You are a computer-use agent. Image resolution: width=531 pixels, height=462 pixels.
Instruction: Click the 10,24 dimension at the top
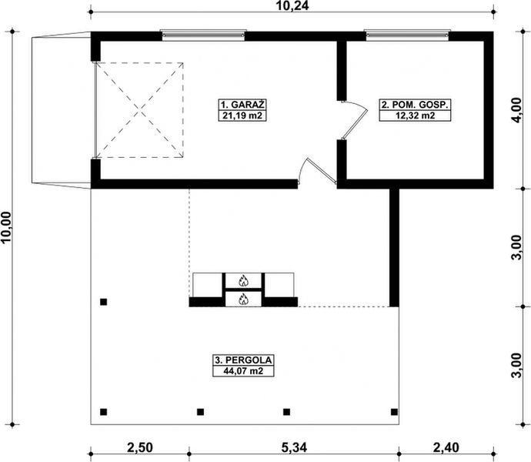coord(292,5)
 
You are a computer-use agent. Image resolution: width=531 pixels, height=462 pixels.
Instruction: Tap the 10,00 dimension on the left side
coord(6,227)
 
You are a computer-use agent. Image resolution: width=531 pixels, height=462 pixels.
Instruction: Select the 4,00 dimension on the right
coord(516,111)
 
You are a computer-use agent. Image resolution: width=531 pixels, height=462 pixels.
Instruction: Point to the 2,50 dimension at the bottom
coord(140,447)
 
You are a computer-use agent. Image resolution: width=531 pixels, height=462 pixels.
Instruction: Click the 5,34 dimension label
coord(294,447)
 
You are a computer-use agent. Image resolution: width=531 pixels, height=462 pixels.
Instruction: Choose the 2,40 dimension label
coord(446,447)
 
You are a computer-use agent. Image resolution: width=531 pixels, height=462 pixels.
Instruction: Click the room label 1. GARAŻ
coord(242,105)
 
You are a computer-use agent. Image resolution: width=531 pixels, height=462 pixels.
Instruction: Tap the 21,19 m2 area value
coord(242,115)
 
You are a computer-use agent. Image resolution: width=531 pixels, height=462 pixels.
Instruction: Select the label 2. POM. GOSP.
coord(415,105)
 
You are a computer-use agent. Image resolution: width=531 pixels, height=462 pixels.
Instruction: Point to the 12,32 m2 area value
coord(415,115)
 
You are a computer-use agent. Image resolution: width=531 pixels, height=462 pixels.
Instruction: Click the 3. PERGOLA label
coord(243,360)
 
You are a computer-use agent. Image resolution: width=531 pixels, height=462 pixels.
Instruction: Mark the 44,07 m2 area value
coord(243,371)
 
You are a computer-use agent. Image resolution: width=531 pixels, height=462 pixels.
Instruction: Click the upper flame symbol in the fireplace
coord(243,280)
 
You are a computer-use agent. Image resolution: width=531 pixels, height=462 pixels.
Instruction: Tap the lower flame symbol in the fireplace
coord(243,299)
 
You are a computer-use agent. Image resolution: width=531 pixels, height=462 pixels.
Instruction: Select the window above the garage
coord(203,35)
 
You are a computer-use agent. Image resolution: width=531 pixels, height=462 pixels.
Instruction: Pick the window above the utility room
coord(407,35)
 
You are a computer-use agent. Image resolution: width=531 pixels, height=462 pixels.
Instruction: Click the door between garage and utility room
coord(355,120)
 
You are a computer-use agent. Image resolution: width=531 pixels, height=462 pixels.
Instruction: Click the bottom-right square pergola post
coord(394,412)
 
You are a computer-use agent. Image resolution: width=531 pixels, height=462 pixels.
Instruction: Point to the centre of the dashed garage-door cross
coord(139,110)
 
